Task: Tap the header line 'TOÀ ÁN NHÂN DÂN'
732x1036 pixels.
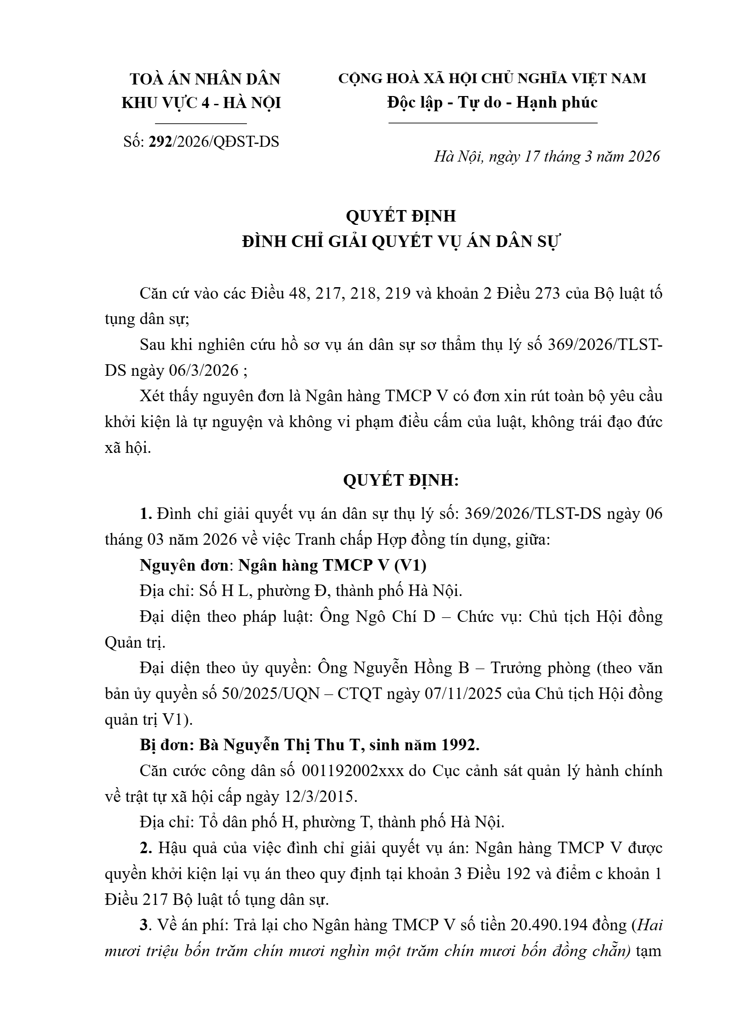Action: point(205,79)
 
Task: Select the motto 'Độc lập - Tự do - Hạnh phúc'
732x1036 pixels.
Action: point(492,102)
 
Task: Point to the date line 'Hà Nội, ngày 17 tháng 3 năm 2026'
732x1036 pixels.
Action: point(547,157)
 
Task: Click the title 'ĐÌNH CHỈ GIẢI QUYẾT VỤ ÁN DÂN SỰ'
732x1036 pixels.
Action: point(400,241)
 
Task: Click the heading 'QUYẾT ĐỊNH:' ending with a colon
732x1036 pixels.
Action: point(401,481)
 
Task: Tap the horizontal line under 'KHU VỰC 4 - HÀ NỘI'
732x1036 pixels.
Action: point(201,123)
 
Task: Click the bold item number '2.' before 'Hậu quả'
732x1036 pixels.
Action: point(146,849)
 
